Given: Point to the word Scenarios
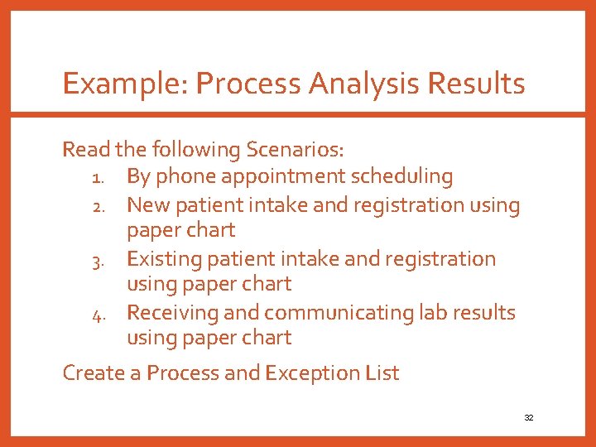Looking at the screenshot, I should pyautogui.click(x=295, y=150).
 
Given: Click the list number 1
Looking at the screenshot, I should pyautogui.click(x=96, y=177).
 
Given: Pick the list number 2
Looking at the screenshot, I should pyautogui.click(x=96, y=205).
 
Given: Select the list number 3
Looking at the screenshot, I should pyautogui.click(x=96, y=260).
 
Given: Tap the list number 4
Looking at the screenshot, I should pyautogui.click(x=96, y=314).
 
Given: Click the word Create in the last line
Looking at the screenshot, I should pyautogui.click(x=94, y=373).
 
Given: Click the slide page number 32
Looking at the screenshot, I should pyautogui.click(x=529, y=418).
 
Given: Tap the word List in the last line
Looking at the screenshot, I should pyautogui.click(x=382, y=373).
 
